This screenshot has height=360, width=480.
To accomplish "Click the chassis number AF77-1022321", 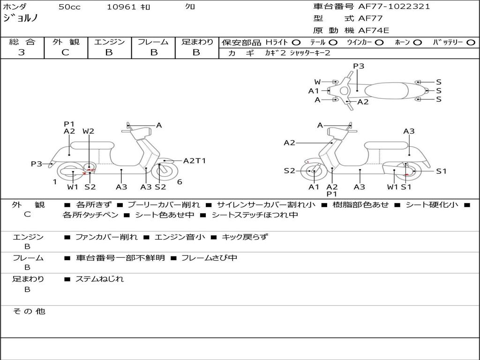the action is click(394, 7).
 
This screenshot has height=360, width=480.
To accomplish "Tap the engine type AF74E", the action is click(374, 30).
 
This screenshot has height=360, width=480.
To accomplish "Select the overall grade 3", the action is click(22, 52).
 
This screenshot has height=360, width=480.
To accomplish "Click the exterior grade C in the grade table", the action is click(65, 52).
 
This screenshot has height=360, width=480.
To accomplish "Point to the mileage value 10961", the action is click(121, 7).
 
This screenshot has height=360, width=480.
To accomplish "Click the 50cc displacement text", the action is click(69, 7).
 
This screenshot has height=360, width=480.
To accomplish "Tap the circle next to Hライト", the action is click(296, 43).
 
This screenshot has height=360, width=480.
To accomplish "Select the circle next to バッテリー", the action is click(471, 43).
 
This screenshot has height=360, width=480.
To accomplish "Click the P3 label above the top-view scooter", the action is click(359, 66).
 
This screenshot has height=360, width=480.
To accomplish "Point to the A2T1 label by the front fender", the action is click(195, 161).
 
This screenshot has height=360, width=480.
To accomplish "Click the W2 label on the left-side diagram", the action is click(88, 131).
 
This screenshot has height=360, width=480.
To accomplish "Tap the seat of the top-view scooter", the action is click(386, 91).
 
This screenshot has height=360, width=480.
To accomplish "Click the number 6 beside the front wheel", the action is click(180, 182).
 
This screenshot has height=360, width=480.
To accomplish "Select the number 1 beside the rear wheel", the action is click(55, 182).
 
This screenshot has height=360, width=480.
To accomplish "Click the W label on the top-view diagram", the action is click(317, 82).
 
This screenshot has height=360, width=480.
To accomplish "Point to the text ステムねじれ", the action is click(99, 279).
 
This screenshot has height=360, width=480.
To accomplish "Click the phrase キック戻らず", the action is click(245, 237).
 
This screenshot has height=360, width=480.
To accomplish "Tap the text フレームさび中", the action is click(209, 258).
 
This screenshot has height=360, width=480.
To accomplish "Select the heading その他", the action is click(29, 311).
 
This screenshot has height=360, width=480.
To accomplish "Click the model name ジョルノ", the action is click(20, 18).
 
